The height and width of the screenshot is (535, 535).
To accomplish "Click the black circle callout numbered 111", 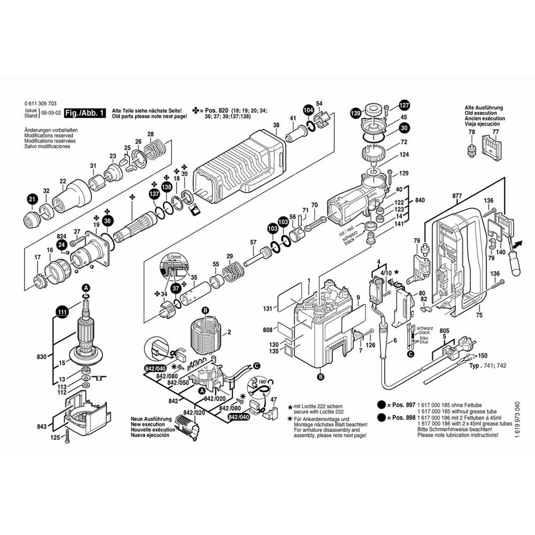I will (x=63, y=312).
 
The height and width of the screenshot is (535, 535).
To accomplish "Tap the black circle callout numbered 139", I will (x=355, y=113).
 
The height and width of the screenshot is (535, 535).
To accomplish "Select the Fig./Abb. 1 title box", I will (x=85, y=113).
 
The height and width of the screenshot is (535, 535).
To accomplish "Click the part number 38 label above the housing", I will (x=276, y=126).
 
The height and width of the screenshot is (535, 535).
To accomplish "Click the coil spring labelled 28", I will (x=155, y=148).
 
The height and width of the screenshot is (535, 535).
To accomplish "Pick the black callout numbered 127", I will (x=404, y=105).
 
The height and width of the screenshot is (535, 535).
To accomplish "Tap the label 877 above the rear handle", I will (x=456, y=196).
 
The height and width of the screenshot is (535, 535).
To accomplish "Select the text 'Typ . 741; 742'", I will (x=487, y=365).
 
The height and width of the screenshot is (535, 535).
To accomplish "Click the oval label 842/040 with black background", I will (x=239, y=417).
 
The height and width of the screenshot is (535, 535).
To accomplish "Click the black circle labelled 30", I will (x=403, y=128).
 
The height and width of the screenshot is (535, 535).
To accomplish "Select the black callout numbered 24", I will (x=62, y=244).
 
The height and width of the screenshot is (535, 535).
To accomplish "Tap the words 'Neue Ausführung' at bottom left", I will (x=151, y=419).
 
